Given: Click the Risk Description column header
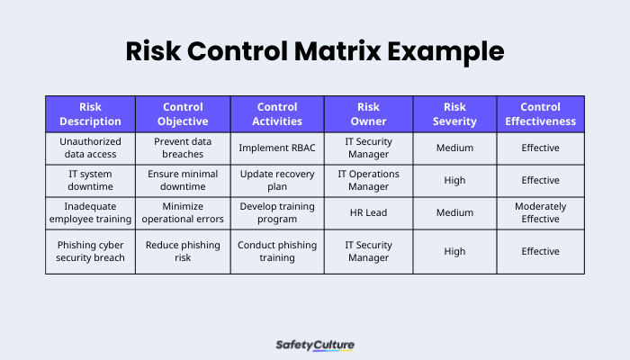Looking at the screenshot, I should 90,114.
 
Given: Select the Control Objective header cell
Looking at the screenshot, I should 184,114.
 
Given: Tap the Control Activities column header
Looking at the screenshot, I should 277,114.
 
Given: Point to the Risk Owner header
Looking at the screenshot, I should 369,114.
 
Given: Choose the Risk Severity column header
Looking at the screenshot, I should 454,114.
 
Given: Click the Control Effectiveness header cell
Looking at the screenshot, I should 540,114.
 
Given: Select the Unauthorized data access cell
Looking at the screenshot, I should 90,148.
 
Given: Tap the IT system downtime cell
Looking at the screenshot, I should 90,180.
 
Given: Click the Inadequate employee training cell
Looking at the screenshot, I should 90,212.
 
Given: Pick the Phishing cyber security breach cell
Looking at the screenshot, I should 90,251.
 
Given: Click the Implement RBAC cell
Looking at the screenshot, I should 277,148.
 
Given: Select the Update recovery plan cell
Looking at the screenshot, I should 277,180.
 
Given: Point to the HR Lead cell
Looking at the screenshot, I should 369,212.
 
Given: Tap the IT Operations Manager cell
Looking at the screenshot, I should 369,180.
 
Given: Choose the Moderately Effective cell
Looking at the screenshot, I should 540,212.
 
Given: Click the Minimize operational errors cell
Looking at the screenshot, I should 184,212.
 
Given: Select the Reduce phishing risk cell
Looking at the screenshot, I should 184,251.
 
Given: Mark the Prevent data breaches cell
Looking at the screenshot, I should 184,148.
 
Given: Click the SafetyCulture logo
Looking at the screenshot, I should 314,344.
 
